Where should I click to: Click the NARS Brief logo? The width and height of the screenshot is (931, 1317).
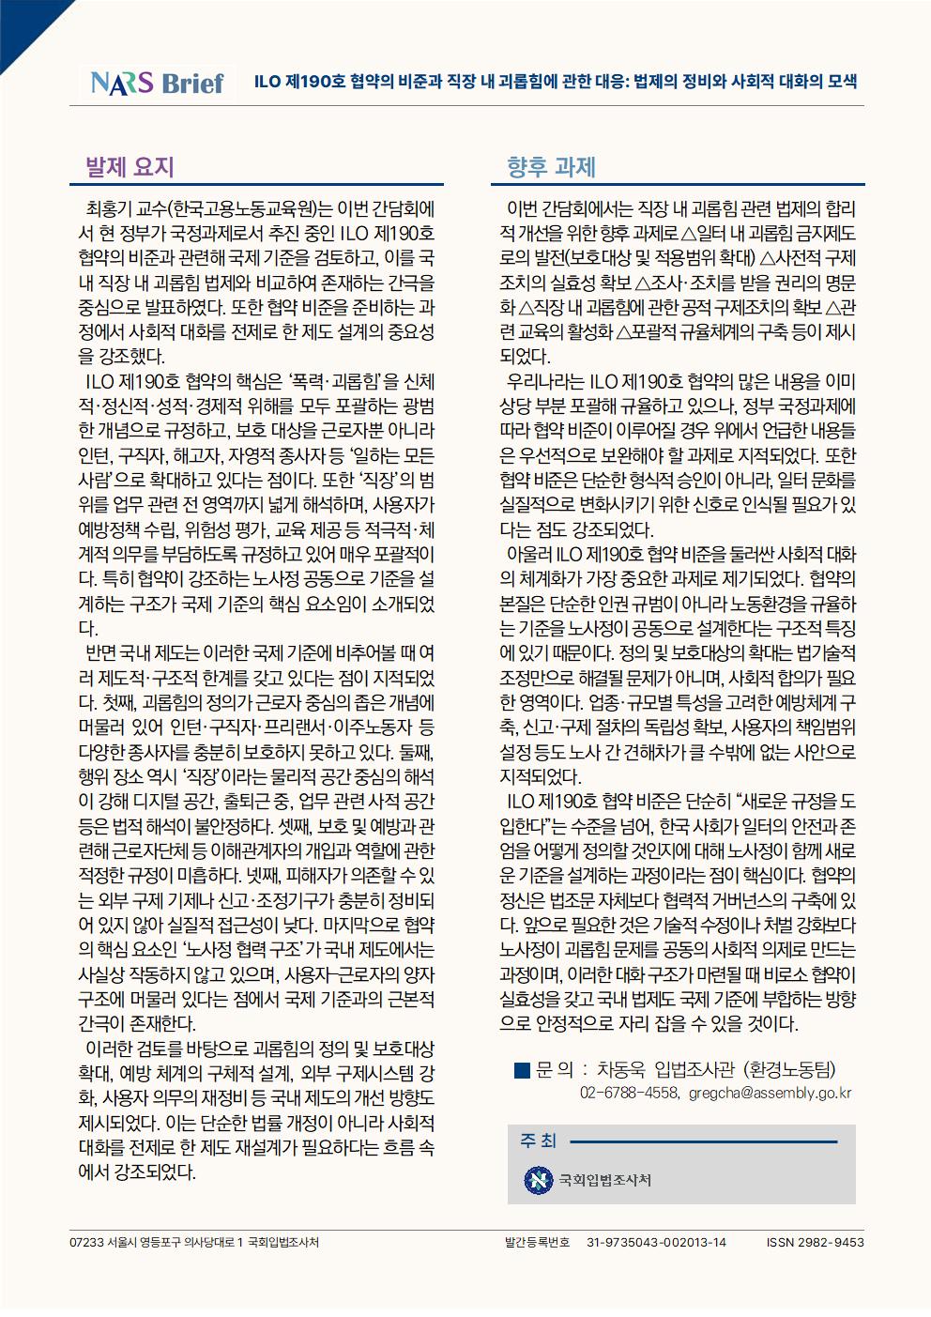pos(157,83)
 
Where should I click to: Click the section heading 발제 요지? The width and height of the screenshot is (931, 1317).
pos(130,167)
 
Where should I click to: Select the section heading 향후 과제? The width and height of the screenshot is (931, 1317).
pos(551,167)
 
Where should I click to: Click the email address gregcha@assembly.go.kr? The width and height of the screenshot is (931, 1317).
pos(770,1093)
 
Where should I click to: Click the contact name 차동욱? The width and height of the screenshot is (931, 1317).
pos(621,1069)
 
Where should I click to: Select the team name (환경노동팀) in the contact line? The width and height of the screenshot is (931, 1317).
pos(788,1069)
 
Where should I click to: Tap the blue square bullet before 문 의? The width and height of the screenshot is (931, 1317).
pos(522,1069)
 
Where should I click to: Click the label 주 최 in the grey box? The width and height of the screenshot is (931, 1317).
pos(538,1141)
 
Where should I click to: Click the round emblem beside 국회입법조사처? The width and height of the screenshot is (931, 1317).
pos(538,1179)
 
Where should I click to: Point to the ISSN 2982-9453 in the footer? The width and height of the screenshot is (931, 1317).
pos(815,1242)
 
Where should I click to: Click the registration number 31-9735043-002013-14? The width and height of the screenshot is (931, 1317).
pos(656,1242)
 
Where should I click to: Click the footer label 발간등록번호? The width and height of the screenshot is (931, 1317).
pos(537,1242)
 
